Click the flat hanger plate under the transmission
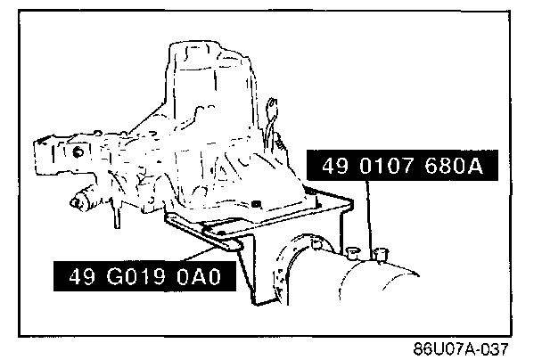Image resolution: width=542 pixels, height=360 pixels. coord(267,218)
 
